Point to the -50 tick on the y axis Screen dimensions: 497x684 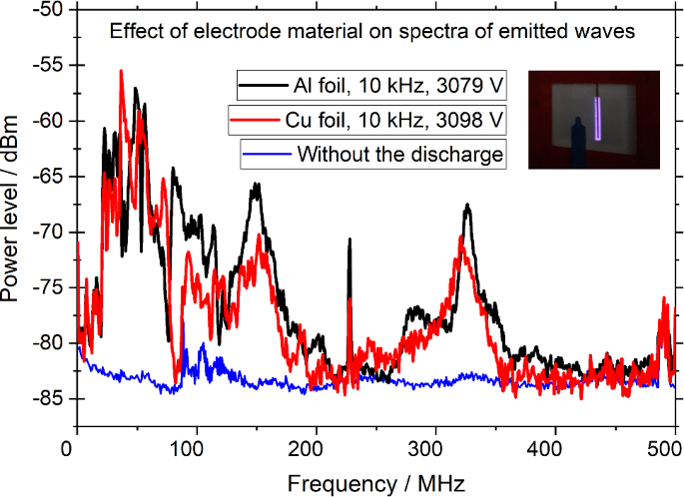pos(46,10)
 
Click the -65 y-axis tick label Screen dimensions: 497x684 pos(46,177)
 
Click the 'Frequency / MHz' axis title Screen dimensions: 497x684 pos(375,482)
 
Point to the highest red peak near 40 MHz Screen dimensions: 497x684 pos(122,72)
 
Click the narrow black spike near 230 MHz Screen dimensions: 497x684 pos(349,241)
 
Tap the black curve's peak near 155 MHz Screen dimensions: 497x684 pos(257,185)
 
